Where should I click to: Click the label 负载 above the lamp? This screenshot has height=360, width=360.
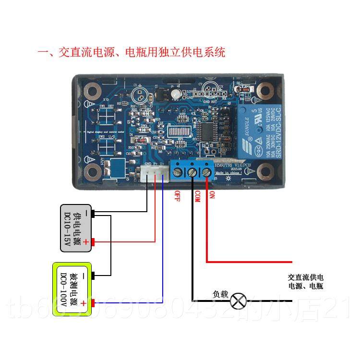click(x=221, y=294)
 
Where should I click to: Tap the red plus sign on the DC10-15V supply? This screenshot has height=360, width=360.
click(x=86, y=242)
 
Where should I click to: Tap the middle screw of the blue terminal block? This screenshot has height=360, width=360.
click(x=192, y=171)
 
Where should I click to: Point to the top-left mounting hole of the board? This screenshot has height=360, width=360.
click(x=93, y=90)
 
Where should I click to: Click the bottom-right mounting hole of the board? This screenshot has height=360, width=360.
click(x=264, y=170)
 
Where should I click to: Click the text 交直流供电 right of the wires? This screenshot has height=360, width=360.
click(x=306, y=277)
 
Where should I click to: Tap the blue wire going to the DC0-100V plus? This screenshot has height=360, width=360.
click(x=163, y=250)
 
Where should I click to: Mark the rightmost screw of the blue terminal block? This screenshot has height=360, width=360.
click(x=207, y=171)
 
